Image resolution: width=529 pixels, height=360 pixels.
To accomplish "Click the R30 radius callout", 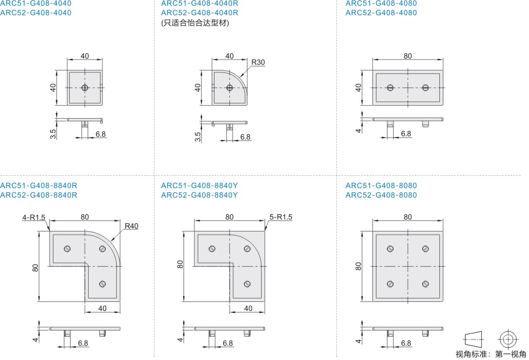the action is [258, 62].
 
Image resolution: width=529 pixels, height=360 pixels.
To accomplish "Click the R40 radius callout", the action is [132, 226].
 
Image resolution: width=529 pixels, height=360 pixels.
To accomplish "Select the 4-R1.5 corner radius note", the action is [34, 218].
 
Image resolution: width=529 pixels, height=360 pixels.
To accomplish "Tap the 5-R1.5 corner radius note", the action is [281, 217].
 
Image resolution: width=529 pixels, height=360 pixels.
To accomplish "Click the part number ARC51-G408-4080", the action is [381, 4].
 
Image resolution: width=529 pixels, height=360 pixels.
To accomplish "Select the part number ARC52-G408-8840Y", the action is [199, 195].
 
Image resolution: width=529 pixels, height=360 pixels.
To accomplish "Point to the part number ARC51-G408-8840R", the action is [39, 186].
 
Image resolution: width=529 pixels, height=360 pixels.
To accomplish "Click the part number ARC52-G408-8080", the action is [381, 195].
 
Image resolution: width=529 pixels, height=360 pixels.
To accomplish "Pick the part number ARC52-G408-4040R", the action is [200, 13].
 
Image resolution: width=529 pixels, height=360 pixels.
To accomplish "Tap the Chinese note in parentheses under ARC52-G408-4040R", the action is [195, 23].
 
